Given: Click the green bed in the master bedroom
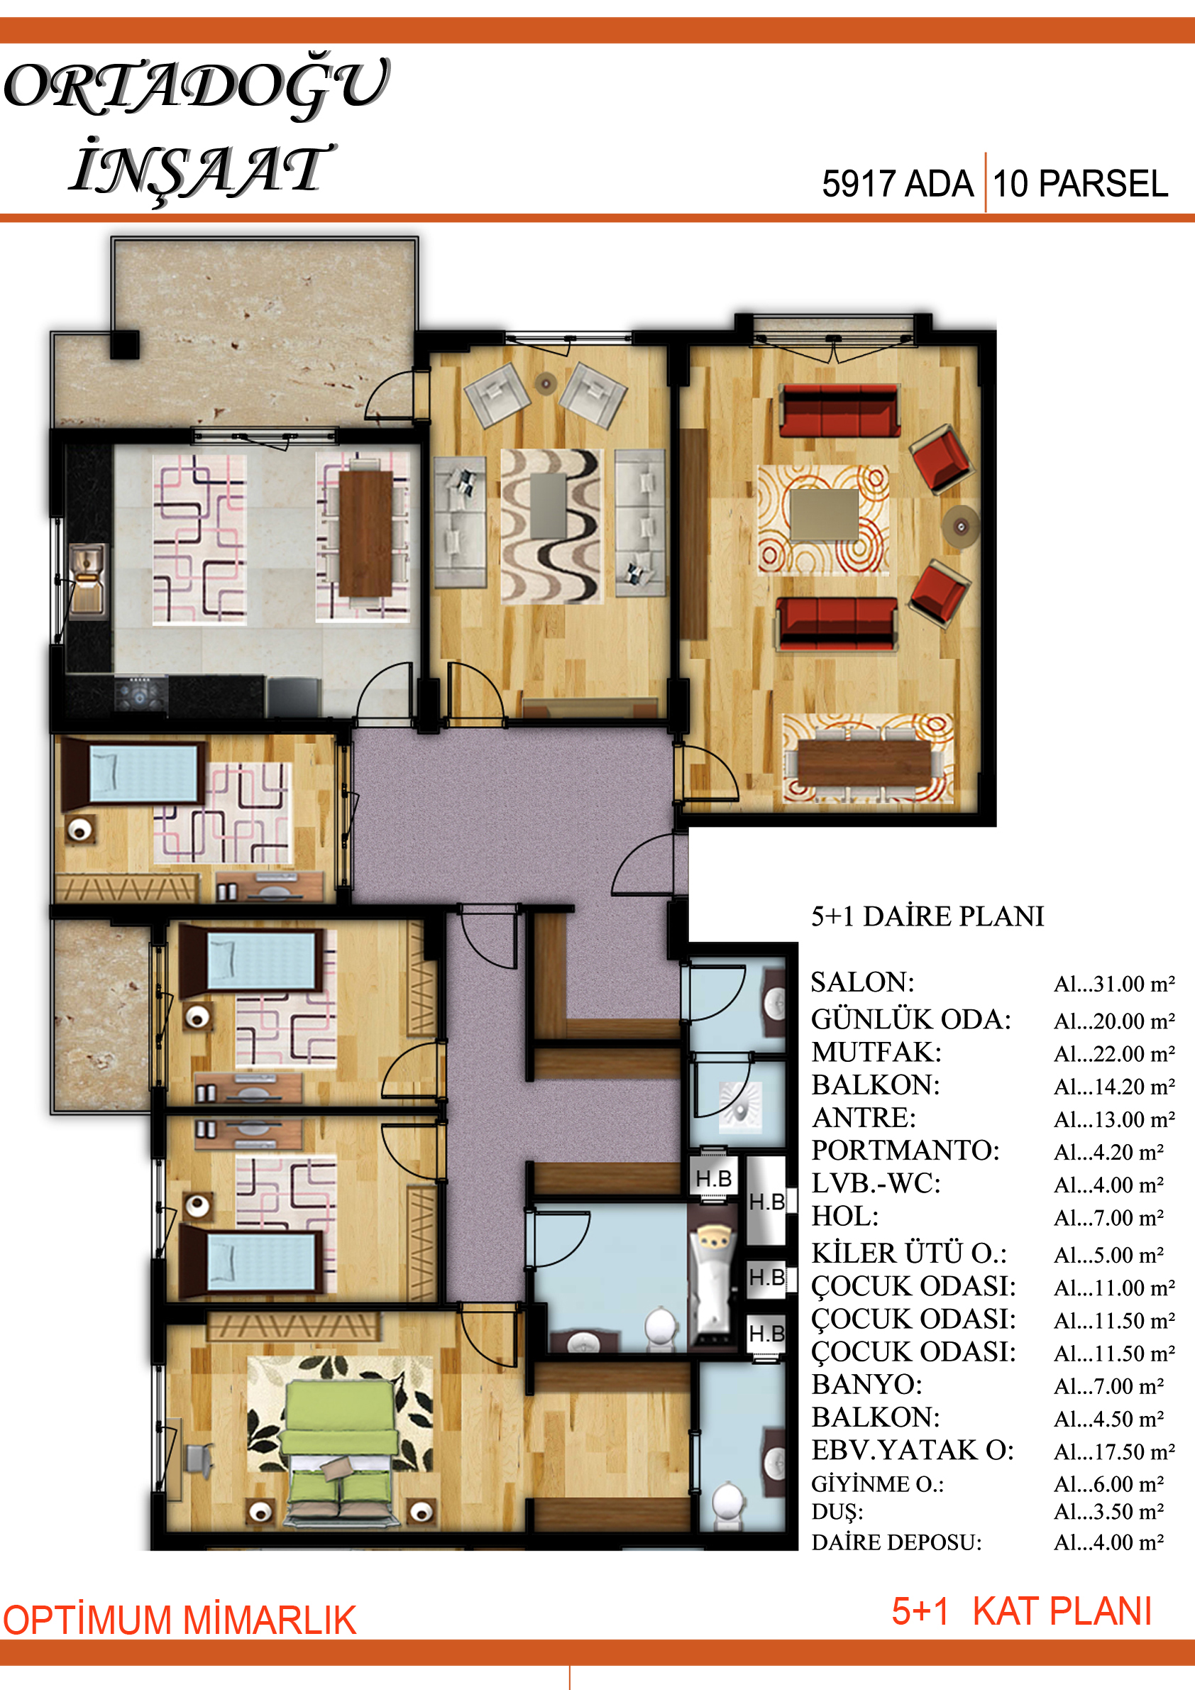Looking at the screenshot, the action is click(341, 1443).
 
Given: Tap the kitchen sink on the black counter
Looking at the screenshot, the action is click(87, 578).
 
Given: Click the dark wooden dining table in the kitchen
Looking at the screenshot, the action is click(365, 533).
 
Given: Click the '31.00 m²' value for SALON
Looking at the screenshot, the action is click(1114, 984).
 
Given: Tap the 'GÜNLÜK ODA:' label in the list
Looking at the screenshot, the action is click(911, 1019).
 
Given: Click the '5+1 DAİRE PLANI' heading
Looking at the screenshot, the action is click(927, 916).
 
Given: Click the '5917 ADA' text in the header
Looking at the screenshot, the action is click(897, 183).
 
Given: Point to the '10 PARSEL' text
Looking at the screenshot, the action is click(1080, 183).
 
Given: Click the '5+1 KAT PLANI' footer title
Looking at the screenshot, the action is click(1021, 1611).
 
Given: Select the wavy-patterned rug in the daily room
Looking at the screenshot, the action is click(552, 525).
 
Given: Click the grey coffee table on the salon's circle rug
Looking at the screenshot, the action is click(825, 515).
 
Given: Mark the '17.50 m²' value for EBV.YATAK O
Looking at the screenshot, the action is click(1114, 1452).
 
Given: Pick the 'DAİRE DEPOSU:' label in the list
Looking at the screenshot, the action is click(896, 1542).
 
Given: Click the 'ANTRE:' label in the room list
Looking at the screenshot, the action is click(864, 1118).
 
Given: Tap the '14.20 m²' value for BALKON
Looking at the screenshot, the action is click(1114, 1087).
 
